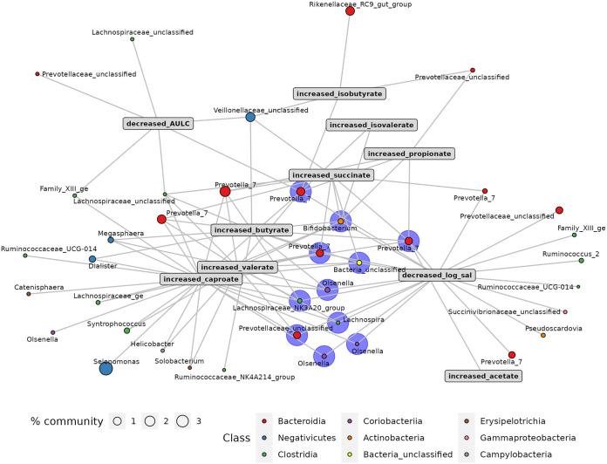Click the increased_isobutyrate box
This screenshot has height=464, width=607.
(x=338, y=92)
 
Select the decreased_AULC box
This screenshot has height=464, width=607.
(x=158, y=123)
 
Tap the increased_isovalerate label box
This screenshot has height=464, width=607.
(x=372, y=125)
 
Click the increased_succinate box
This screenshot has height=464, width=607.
(x=331, y=174)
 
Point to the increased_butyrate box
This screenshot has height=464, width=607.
(x=250, y=229)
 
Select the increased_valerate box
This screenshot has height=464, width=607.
(x=235, y=267)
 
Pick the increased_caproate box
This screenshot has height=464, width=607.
(x=200, y=279)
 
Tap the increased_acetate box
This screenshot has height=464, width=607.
(x=482, y=375)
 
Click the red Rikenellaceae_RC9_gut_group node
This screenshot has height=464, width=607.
(x=350, y=10)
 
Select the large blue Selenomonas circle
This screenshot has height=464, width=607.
(x=106, y=368)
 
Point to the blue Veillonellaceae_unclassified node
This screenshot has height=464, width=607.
(x=250, y=117)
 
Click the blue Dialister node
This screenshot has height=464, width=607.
(x=92, y=259)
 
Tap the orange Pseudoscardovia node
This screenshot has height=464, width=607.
(x=543, y=335)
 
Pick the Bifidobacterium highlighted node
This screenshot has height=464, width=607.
(x=340, y=221)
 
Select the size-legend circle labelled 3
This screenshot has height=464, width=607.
(x=181, y=421)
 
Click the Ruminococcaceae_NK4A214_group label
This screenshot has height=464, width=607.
(x=247, y=377)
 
